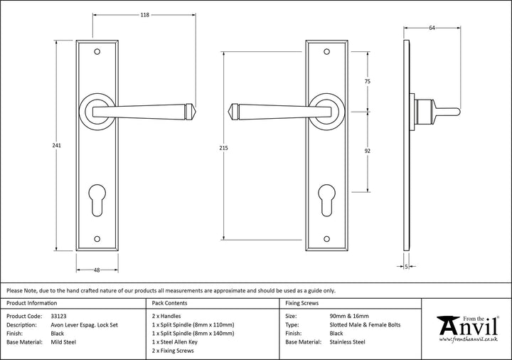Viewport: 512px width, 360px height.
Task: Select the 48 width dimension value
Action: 96,270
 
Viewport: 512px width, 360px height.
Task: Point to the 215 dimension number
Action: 224,149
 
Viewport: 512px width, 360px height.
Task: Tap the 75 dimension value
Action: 368,82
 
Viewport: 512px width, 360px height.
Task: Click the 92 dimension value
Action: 368,151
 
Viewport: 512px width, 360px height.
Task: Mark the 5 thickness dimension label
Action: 406,268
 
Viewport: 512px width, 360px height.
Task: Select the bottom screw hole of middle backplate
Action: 326,240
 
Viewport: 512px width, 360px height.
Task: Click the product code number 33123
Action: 60,314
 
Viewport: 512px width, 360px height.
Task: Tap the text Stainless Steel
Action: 348,342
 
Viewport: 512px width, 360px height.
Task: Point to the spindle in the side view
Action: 444,112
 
